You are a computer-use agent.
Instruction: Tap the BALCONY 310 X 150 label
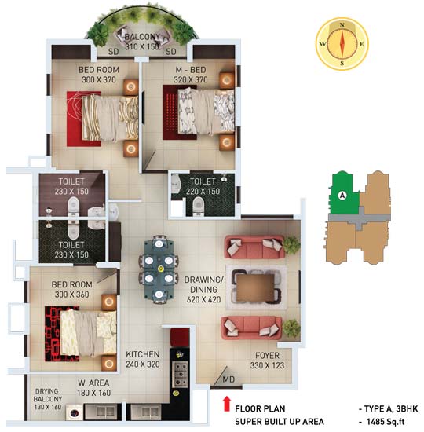pos(141,42)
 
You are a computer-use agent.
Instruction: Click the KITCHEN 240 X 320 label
pos(143,359)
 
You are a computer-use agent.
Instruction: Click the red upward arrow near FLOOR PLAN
pos(227,405)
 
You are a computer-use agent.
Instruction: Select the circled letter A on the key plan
pos(342,195)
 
